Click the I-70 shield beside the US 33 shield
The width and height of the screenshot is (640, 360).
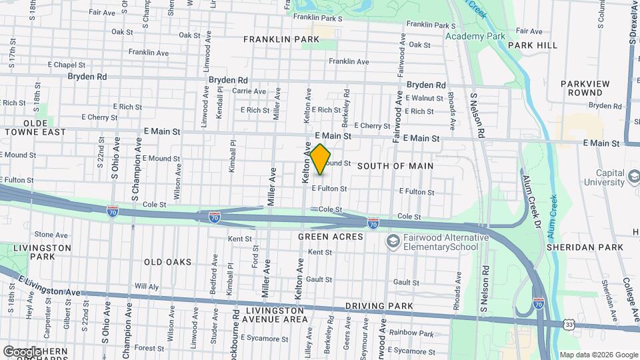(539, 304)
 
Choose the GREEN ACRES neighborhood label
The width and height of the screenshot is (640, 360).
(331, 237)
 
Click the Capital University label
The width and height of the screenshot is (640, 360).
(610, 177)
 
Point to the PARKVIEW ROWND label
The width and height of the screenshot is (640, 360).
(585, 88)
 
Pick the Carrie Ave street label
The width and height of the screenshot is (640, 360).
(249, 91)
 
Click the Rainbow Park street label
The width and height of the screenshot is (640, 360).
(412, 333)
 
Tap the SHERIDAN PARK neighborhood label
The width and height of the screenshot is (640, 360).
(585, 247)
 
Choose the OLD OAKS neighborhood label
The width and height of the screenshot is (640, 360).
(167, 262)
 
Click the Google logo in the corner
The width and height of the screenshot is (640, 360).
(22, 351)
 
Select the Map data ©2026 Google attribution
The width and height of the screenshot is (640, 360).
(597, 355)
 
